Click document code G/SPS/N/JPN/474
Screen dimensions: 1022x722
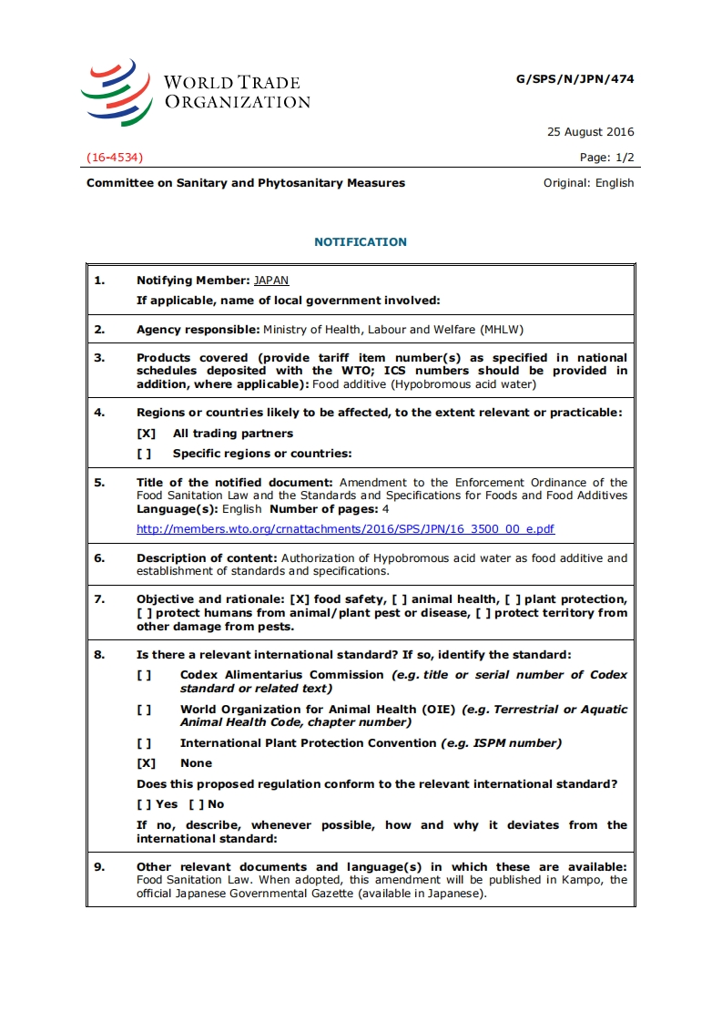pyautogui.click(x=575, y=79)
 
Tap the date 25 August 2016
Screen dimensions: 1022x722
pyautogui.click(x=590, y=132)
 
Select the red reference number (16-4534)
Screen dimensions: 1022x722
pyautogui.click(x=115, y=158)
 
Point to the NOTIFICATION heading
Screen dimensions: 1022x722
pyautogui.click(x=361, y=242)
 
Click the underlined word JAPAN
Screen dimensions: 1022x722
pyautogui.click(x=271, y=281)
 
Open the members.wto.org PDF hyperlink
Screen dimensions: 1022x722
pyautogui.click(x=345, y=529)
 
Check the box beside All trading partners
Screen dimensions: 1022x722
pyautogui.click(x=146, y=434)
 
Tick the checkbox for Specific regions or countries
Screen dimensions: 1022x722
pyautogui.click(x=144, y=454)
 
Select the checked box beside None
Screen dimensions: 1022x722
pyautogui.click(x=146, y=763)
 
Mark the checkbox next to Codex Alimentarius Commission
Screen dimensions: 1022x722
pyautogui.click(x=144, y=675)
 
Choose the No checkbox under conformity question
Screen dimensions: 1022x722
pyautogui.click(x=196, y=804)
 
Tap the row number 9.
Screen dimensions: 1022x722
pyautogui.click(x=99, y=867)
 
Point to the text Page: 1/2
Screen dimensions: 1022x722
pyautogui.click(x=606, y=158)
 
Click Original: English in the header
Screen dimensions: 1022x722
pyautogui.click(x=588, y=183)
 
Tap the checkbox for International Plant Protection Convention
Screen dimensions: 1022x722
pyautogui.click(x=144, y=743)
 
